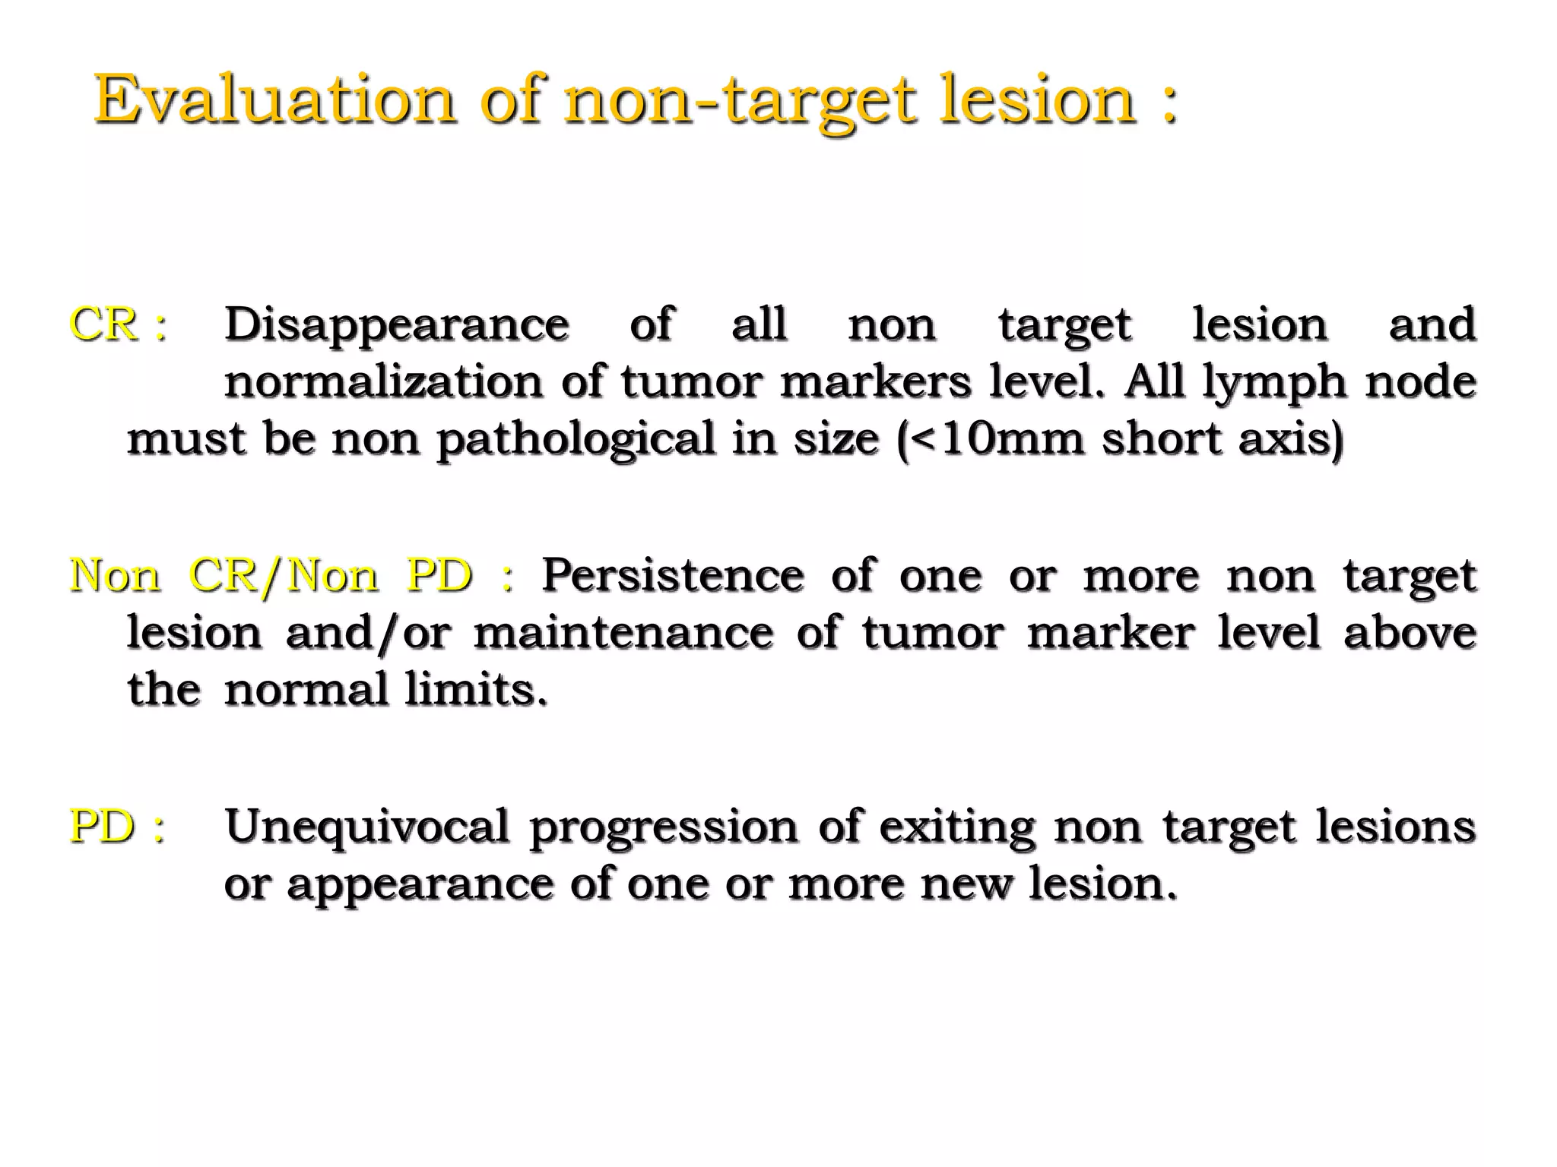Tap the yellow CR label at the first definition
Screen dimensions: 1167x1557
click(x=103, y=324)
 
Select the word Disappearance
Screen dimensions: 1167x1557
click(x=396, y=325)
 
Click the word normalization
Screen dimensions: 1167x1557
click(x=383, y=381)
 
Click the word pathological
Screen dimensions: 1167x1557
click(x=576, y=440)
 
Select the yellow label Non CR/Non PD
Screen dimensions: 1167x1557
click(x=271, y=576)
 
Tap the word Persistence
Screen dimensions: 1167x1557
click(x=673, y=575)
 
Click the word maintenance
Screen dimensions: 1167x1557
click(x=623, y=633)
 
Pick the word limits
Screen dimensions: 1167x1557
click(x=475, y=690)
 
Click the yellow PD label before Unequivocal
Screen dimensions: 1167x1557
click(x=103, y=827)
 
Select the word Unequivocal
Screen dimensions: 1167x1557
click(x=366, y=827)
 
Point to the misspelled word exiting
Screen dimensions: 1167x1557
click(x=956, y=827)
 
